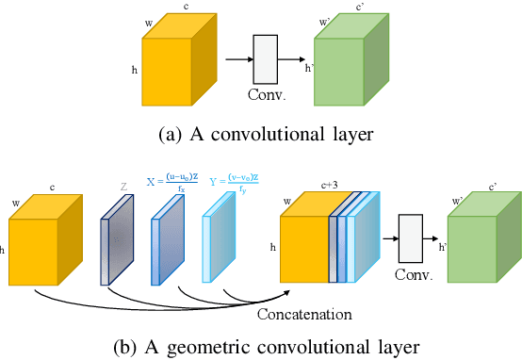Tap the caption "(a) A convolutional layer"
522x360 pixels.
(x=260, y=133)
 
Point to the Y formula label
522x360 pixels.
(x=230, y=183)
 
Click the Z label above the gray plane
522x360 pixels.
(x=123, y=187)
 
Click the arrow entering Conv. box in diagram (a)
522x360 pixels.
(x=237, y=58)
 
